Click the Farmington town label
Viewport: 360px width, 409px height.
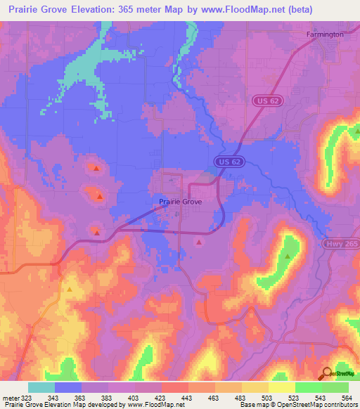tap(325, 34)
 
